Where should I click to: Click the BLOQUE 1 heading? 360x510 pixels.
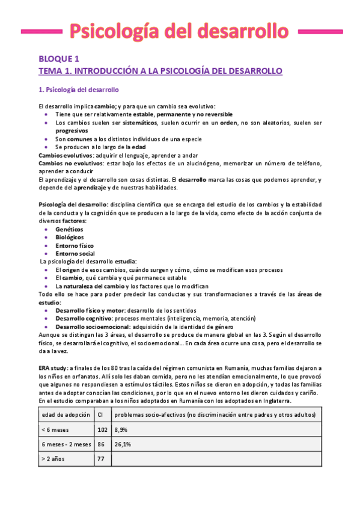pos(59,59)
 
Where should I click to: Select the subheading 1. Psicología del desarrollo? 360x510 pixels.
pos(79,90)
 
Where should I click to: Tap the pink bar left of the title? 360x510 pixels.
pos(41,30)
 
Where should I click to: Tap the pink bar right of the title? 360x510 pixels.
pos(318,30)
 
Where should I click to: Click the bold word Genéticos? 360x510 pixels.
pos(69,230)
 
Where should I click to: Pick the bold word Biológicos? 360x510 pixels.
pos(70,238)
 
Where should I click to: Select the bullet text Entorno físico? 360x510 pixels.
pos(75,245)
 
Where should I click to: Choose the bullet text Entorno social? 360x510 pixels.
pos(76,253)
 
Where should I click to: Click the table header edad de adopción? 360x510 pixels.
pos(66,415)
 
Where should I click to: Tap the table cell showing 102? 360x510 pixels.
pos(102,430)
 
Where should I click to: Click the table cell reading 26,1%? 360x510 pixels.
pos(124,444)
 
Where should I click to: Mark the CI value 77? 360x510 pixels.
pos(100,459)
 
